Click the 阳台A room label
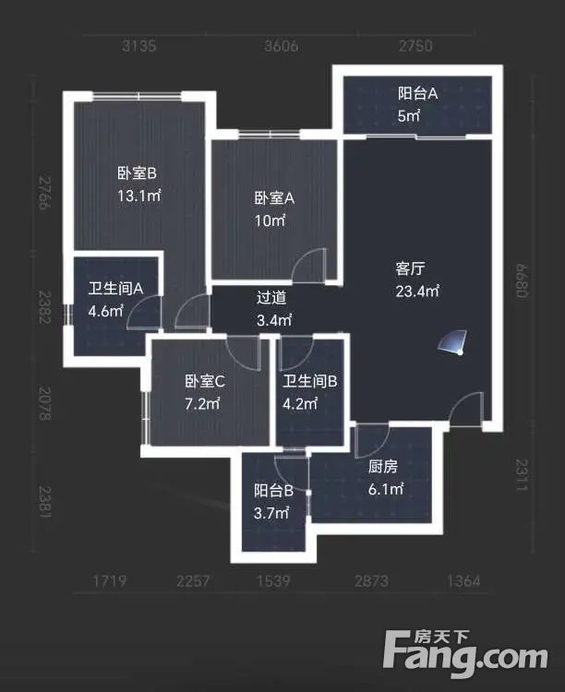417,92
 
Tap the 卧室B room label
137,173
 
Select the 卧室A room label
274,198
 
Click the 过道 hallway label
271,297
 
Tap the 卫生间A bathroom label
115,288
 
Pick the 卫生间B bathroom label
310,380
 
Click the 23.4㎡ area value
417,292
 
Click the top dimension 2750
415,47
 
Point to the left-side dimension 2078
42,404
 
